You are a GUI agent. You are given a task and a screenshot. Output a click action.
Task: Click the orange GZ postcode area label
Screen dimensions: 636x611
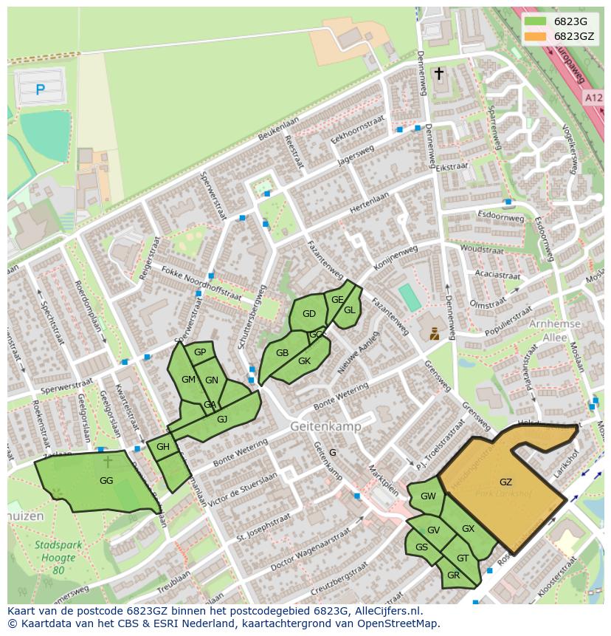tap(505, 482)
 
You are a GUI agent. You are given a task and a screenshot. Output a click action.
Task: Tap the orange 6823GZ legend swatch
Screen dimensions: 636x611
tap(536, 36)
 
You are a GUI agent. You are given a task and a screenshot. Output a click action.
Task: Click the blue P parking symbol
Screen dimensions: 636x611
tap(40, 90)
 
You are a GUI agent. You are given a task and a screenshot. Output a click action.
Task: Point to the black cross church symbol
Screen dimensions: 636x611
tap(439, 73)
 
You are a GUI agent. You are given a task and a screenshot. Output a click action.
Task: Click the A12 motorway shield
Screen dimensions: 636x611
tap(594, 98)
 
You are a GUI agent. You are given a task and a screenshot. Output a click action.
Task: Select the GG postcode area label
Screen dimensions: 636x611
tap(106, 480)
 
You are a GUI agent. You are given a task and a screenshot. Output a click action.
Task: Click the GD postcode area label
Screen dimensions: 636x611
tap(309, 314)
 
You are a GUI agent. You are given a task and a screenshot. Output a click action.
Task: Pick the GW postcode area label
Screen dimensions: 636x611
tap(428, 496)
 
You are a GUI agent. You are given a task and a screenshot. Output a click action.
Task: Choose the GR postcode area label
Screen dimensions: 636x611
tap(453, 575)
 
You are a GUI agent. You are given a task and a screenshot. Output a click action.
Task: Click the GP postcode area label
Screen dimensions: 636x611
tap(200, 352)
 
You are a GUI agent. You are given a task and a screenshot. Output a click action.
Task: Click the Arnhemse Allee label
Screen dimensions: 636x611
tap(555, 330)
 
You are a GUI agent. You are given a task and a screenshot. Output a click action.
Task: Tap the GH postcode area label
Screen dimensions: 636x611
tap(163, 447)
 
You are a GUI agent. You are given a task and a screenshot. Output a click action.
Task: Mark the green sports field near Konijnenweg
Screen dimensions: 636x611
tap(410, 298)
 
